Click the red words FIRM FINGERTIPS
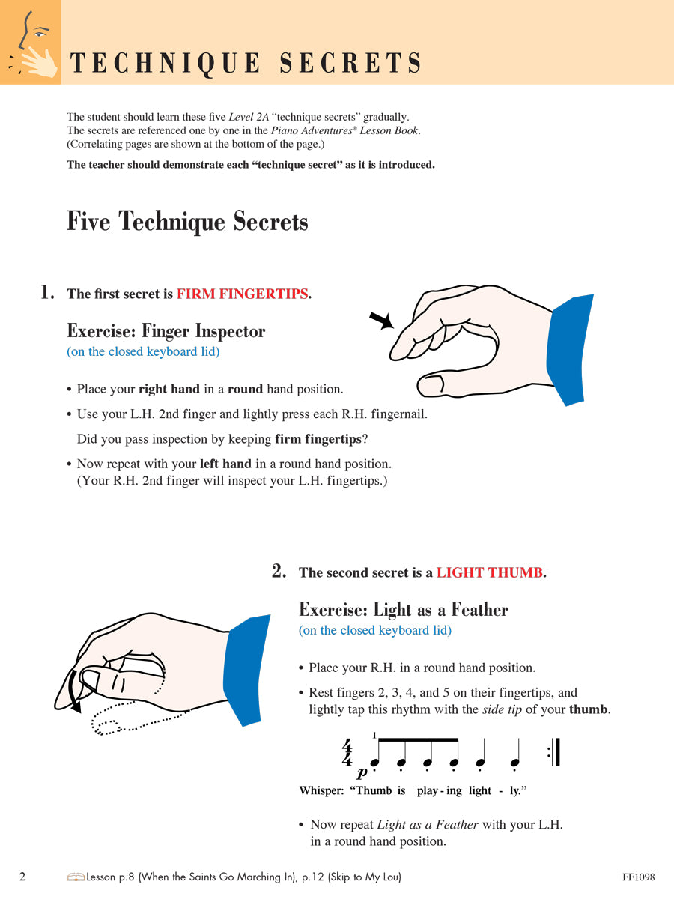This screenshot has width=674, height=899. click(243, 294)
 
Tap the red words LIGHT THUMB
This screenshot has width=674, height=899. click(490, 573)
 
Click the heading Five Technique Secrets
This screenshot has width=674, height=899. click(187, 222)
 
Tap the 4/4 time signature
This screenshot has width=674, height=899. click(347, 753)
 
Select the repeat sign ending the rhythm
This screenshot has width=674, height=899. click(554, 752)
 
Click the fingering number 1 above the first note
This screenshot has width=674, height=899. click(374, 735)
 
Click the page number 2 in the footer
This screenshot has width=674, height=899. click(22, 877)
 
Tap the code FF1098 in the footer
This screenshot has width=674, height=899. click(638, 877)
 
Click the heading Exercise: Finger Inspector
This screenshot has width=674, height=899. click(166, 331)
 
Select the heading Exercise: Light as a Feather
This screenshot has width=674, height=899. click(403, 610)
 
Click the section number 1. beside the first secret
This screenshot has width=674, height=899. click(47, 292)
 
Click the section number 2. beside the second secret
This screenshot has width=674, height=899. click(279, 572)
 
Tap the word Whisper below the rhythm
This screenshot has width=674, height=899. click(321, 790)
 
